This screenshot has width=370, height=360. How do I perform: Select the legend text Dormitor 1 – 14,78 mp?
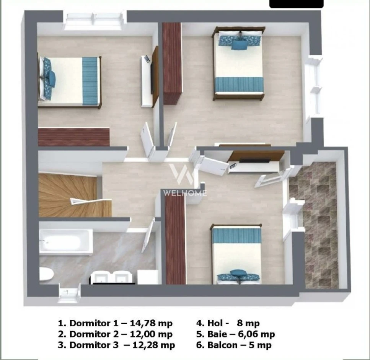115,323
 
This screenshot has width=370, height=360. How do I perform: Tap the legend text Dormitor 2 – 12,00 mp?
115,334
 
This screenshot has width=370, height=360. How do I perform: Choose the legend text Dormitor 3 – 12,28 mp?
116,345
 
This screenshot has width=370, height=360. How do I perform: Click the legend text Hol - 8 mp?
228,323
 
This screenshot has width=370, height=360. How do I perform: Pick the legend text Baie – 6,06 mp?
235,334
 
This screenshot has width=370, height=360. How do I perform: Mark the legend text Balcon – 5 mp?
234,345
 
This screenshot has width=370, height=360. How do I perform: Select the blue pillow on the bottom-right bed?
238,273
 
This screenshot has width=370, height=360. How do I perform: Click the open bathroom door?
148,235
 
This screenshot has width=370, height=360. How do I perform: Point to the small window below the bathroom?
68,293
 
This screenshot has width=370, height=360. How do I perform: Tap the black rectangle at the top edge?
297,4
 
